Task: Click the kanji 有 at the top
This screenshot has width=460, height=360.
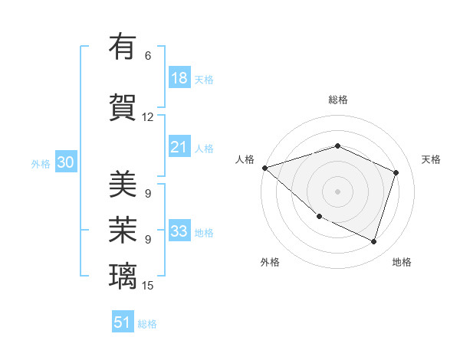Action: [123, 47]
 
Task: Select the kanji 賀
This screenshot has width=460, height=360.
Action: [123, 107]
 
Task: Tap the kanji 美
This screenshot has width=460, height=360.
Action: [123, 184]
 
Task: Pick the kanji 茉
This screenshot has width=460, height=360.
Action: [123, 229]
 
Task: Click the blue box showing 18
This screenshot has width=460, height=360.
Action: [179, 77]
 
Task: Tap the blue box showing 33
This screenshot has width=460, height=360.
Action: [179, 231]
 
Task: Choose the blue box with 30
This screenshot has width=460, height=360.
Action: [65, 162]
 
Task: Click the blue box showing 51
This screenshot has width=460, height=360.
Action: [123, 322]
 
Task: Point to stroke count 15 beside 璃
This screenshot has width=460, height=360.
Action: [148, 286]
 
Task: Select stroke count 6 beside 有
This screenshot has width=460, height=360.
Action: [148, 56]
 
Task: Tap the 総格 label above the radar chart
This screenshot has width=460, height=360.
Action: [338, 100]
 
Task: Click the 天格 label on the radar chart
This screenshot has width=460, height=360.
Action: [431, 159]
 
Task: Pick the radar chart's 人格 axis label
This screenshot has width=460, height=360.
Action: [245, 159]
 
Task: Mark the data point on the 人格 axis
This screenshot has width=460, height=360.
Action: [264, 168]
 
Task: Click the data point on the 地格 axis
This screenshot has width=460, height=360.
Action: [374, 242]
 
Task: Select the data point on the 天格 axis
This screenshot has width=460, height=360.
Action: [396, 172]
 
